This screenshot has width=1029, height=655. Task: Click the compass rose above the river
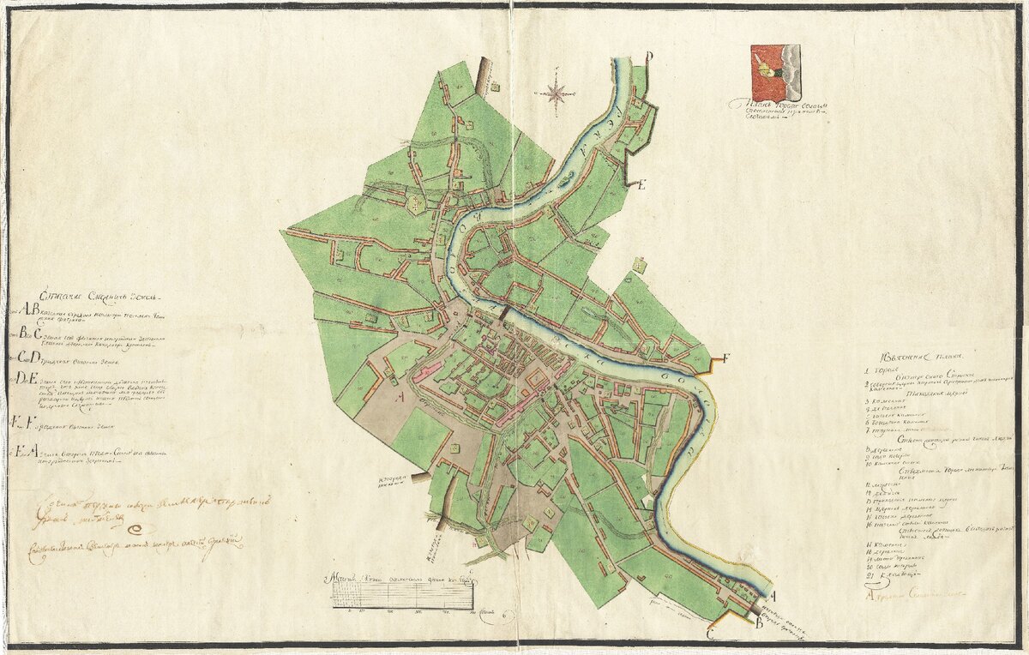[556, 92]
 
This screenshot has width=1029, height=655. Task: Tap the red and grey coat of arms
[775, 73]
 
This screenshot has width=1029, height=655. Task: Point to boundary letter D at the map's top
[649, 57]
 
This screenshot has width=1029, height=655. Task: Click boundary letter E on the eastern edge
[641, 184]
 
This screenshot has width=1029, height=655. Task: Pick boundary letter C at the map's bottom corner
[711, 634]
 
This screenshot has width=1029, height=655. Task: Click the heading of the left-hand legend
[86, 296]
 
